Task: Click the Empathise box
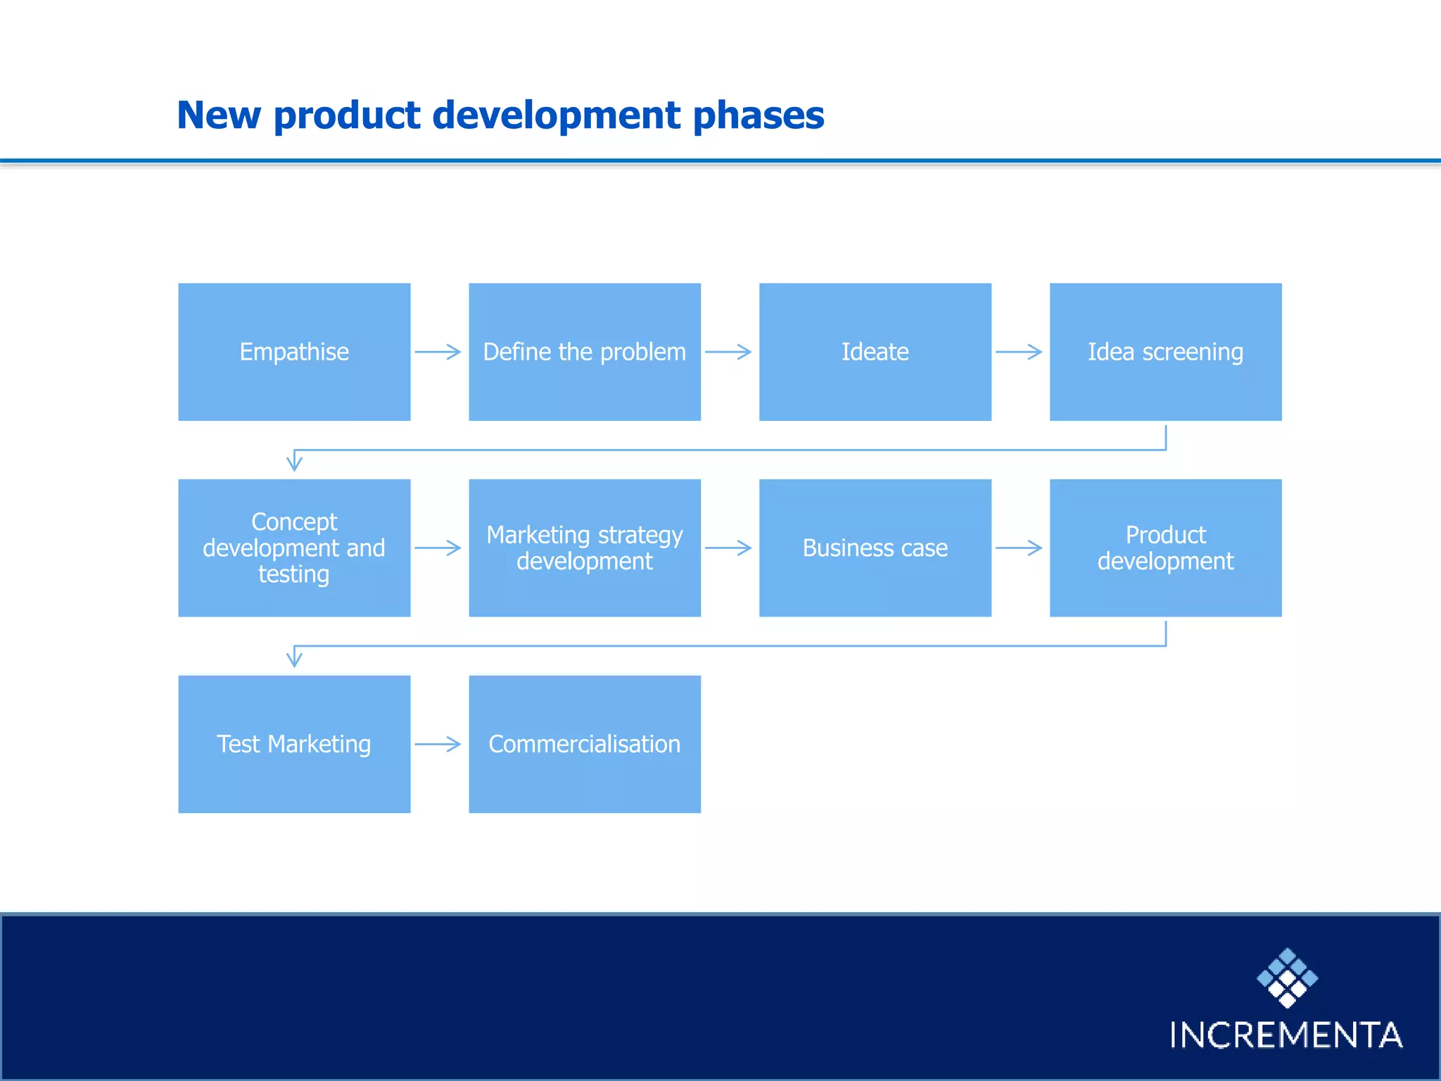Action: click(294, 352)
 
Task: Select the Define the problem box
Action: click(585, 352)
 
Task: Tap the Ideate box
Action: click(875, 352)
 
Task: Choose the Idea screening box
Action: click(1165, 352)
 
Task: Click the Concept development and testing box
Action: click(294, 548)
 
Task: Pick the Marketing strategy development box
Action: click(585, 548)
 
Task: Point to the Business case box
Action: click(875, 548)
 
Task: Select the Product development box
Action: click(1165, 548)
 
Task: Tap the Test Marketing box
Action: click(294, 744)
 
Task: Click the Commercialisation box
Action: click(585, 744)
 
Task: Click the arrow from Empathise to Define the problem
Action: click(438, 352)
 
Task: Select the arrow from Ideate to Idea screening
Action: click(1019, 352)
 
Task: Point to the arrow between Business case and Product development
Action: click(1019, 548)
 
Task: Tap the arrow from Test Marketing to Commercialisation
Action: click(438, 744)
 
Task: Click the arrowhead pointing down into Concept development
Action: click(294, 463)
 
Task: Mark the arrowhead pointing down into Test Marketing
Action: click(294, 659)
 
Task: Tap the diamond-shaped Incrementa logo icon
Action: click(1287, 978)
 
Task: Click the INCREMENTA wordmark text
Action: click(1286, 1035)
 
